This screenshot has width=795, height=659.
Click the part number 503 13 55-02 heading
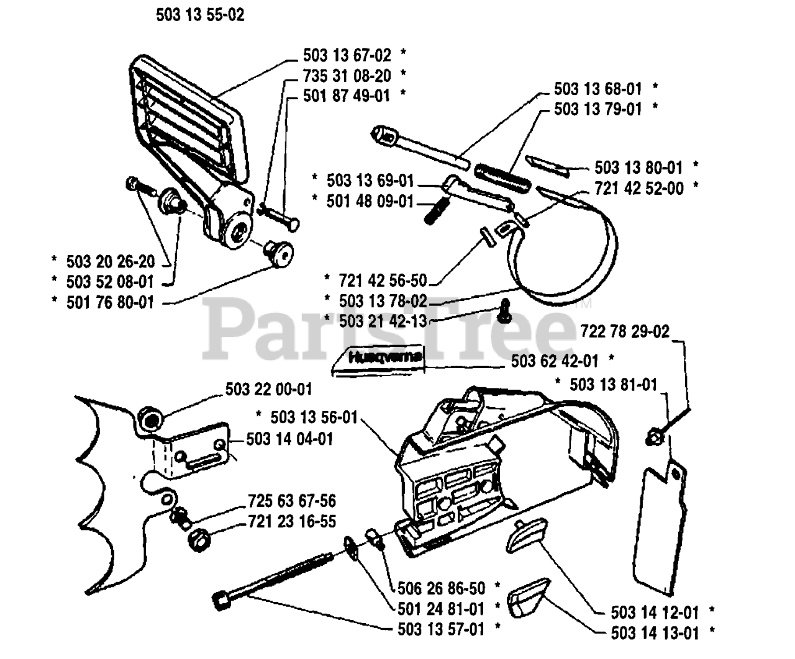point(200,15)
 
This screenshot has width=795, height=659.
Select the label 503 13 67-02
point(347,55)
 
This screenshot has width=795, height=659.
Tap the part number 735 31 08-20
point(347,76)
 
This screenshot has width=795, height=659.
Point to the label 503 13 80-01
point(638,168)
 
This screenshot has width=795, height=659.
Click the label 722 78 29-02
point(625,331)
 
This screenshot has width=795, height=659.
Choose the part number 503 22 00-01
point(268,390)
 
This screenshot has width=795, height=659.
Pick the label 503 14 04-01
point(289,439)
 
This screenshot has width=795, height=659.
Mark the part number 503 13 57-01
point(440,629)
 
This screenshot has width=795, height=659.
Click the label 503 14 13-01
point(655,633)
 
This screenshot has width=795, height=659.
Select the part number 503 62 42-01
point(555,361)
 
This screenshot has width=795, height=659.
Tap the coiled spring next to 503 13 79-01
point(502,170)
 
